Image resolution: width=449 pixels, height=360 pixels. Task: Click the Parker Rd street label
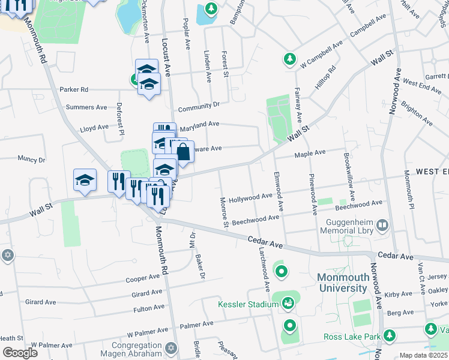(74, 89)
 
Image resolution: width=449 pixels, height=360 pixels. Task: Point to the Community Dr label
(199, 105)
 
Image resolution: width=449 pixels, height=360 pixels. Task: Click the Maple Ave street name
(310, 154)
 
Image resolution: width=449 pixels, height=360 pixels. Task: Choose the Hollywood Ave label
(250, 197)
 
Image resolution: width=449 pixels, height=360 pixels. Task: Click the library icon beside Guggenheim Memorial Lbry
(383, 226)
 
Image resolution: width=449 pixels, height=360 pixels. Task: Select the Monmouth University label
(342, 283)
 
